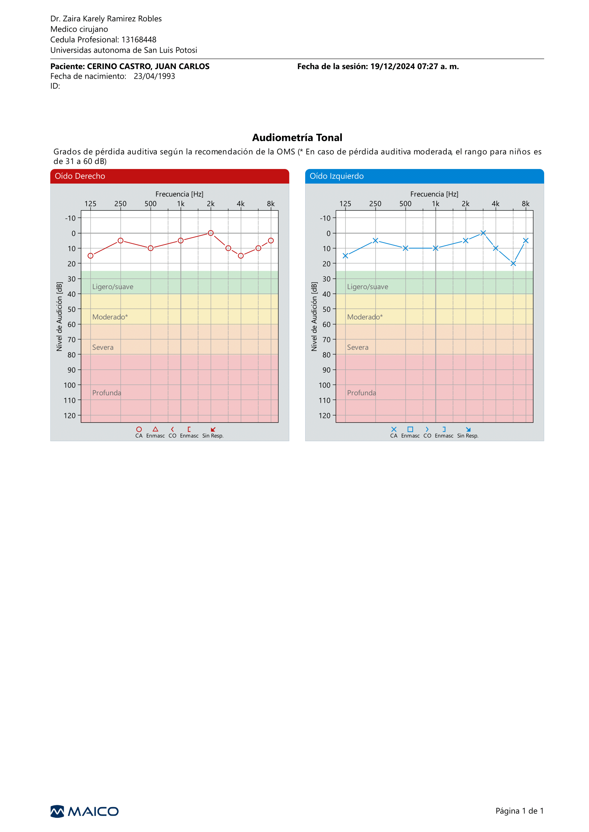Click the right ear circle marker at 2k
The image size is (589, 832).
(211, 233)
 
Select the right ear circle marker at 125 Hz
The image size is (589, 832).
(91, 256)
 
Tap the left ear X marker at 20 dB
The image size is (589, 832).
(513, 264)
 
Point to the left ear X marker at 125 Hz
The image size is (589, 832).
(345, 256)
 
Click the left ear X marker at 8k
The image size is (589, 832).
(526, 240)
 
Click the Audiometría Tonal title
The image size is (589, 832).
(297, 138)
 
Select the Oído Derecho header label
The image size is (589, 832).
(80, 176)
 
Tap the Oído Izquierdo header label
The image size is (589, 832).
(337, 176)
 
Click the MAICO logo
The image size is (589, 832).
(84, 811)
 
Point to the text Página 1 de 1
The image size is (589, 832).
(520, 811)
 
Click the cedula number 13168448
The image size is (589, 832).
(139, 39)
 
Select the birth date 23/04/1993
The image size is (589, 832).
(155, 76)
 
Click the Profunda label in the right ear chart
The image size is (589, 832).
(106, 393)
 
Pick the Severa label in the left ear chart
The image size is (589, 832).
(358, 347)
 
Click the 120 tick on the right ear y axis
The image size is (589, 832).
(70, 415)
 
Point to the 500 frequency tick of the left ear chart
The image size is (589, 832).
(406, 204)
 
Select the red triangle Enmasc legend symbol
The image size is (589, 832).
(155, 429)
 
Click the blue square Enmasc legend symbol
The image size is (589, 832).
(410, 429)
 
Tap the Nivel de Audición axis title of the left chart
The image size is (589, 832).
(314, 316)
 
